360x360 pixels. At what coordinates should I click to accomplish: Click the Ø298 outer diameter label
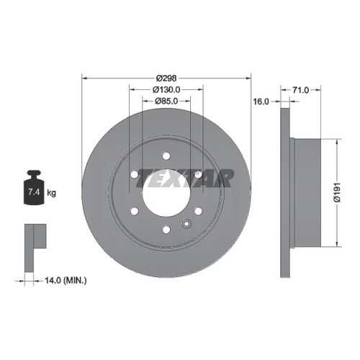pyautogui.click(x=166, y=78)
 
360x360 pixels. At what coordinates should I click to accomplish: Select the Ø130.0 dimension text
pyautogui.click(x=166, y=90)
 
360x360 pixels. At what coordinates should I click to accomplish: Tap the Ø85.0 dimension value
pyautogui.click(x=166, y=102)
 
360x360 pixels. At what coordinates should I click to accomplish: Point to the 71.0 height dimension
pyautogui.click(x=300, y=90)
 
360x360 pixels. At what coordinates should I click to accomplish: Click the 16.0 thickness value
pyautogui.click(x=261, y=102)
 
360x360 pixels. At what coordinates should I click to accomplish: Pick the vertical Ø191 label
pyautogui.click(x=337, y=192)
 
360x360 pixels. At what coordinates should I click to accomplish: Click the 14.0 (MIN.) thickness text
pyautogui.click(x=66, y=280)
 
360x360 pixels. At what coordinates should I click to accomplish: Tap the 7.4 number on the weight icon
pyautogui.click(x=34, y=192)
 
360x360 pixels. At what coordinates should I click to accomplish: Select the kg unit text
pyautogui.click(x=51, y=193)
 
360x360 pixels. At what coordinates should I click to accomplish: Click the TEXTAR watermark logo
pyautogui.click(x=185, y=178)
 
